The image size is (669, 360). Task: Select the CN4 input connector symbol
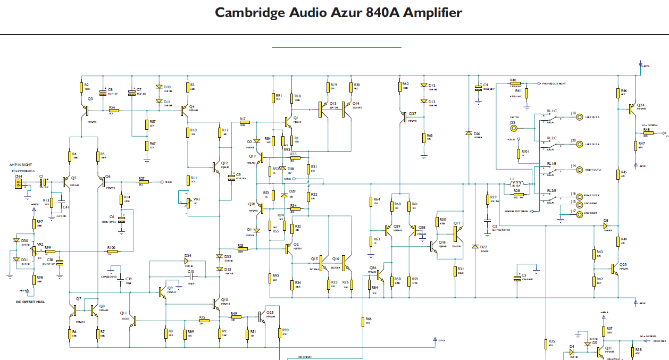point(19,184)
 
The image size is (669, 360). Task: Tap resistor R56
point(112,111)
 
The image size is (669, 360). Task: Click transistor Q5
point(66,182)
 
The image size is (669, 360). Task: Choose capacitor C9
point(231,177)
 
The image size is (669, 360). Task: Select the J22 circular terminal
point(513,128)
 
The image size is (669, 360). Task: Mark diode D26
point(469,133)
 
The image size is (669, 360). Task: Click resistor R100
point(112,252)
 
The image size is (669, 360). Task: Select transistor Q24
point(631,108)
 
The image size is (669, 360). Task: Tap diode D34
point(188,261)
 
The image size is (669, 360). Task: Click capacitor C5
point(516,277)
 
